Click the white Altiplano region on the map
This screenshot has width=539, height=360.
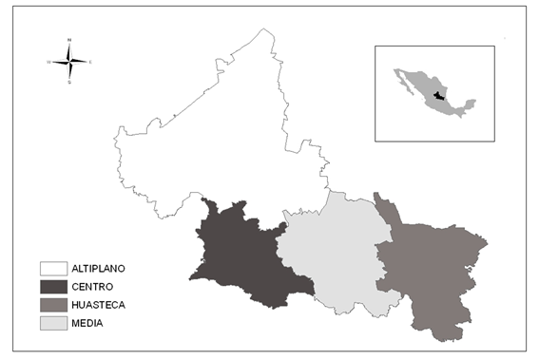tap(228, 133)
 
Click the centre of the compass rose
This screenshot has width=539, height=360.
tap(69, 62)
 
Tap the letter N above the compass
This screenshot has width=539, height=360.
tap(69, 41)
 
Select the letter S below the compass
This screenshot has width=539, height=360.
tap(69, 83)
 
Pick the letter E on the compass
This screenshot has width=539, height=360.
tap(90, 62)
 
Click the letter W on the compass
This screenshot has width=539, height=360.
tap(48, 62)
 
